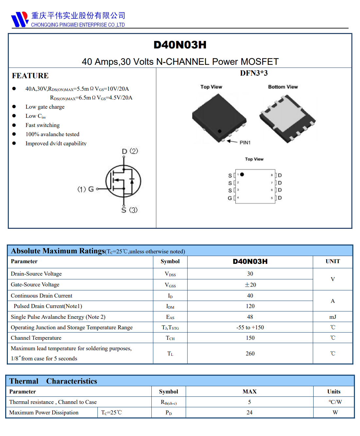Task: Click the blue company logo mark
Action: coord(20,19)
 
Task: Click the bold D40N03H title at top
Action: coord(180,45)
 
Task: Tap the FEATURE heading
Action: coord(30,76)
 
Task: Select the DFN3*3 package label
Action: coord(254,73)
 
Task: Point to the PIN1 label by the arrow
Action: coord(245,142)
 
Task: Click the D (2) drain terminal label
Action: coord(130,151)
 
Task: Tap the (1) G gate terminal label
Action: coord(85,189)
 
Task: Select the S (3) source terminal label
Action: coord(129,210)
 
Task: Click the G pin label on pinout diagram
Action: coord(230,198)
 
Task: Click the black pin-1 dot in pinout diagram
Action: coord(242,174)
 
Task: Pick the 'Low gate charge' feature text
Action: coord(45,107)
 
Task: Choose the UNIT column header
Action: coord(333,261)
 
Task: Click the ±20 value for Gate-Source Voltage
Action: coord(250,285)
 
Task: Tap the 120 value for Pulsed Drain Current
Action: coord(250,306)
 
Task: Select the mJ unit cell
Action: coord(333,317)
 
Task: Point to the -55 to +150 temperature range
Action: coord(250,327)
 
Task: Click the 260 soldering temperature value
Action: coord(250,354)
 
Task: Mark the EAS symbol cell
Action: coord(170,317)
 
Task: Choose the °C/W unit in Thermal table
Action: coord(335,402)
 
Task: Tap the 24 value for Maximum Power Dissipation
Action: coord(249,412)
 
